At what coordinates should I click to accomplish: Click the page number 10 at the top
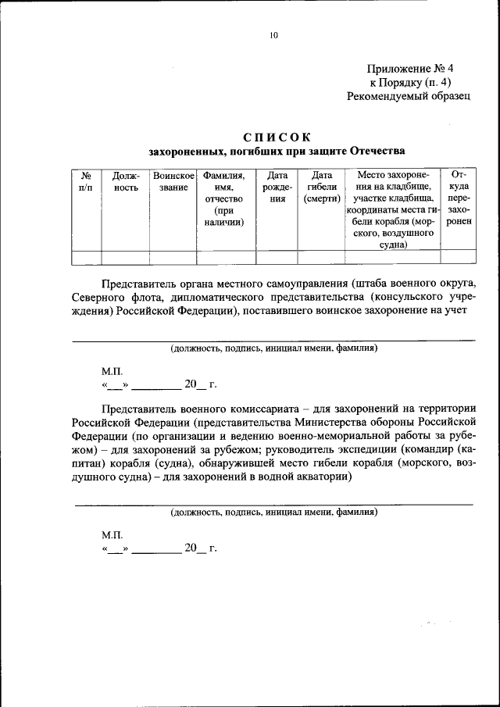point(273,35)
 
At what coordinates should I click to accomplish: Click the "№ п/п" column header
point(87,182)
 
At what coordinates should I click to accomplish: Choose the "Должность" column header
point(126,182)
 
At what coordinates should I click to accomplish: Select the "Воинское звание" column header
point(173,182)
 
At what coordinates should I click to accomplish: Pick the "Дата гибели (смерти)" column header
point(321,187)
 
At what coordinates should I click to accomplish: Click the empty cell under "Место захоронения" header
point(392,258)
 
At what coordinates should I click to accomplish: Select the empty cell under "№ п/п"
point(87,258)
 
